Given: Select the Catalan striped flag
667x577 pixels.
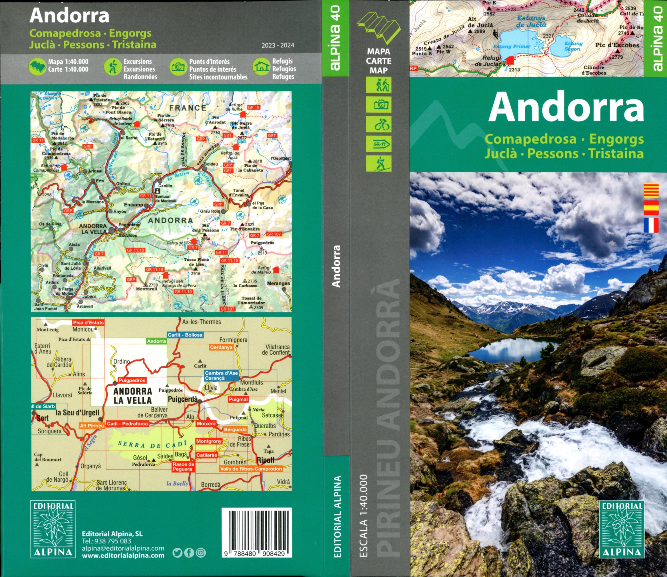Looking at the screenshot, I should click(651, 191).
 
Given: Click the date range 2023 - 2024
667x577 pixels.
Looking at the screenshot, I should click(278, 45).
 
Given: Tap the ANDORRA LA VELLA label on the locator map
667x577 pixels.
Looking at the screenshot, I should click(132, 395).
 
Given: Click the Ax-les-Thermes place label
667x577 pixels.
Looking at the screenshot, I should click(202, 322).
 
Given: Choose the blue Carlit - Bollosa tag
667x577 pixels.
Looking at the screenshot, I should click(185, 335).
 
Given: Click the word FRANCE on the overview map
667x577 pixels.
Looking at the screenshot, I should click(188, 108).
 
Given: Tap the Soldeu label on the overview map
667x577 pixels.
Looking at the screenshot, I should click(211, 164).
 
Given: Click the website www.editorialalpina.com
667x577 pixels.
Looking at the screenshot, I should click(123, 555).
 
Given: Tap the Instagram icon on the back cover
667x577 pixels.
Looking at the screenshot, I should click(201, 553).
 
